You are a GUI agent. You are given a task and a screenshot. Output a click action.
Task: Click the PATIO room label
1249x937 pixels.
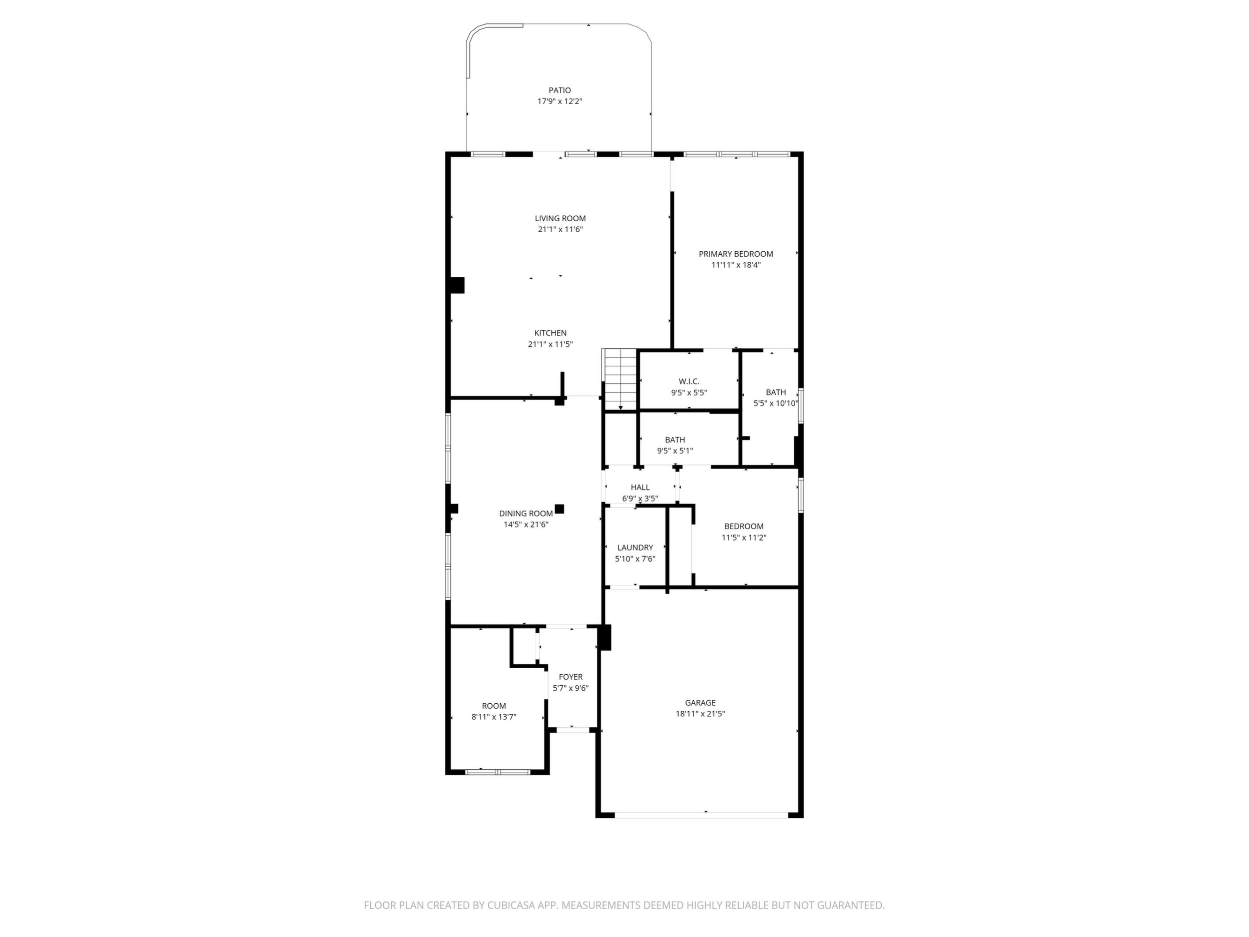point(559,91)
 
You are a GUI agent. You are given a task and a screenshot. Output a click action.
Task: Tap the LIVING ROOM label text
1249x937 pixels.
point(560,219)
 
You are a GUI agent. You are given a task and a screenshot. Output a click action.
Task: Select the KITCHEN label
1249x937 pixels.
point(550,333)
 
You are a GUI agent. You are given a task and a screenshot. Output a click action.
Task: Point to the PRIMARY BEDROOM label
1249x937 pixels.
point(736,254)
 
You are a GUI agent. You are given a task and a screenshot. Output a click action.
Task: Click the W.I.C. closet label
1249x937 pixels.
point(689,382)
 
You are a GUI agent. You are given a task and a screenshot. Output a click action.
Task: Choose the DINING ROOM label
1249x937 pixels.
point(526,514)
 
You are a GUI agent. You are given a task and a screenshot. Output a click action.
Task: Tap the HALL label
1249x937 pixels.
point(640,488)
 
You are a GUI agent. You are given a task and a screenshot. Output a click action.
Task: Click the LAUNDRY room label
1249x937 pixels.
point(635,547)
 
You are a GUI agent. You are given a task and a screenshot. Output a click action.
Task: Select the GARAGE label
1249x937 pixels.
point(700,703)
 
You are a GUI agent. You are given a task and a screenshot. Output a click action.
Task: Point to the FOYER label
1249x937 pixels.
point(570,677)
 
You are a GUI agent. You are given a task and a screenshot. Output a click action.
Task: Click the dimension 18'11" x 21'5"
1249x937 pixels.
point(700,714)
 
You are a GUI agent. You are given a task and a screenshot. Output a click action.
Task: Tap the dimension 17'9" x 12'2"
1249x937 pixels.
point(559,102)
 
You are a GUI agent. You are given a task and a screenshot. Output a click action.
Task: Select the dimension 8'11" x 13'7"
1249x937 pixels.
point(494,717)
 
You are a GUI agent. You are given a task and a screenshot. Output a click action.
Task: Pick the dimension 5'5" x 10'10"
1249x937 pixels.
point(776,404)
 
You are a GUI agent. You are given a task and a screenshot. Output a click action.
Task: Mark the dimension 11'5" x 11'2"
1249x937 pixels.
point(744,538)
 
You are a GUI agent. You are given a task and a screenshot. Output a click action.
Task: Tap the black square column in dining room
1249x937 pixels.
point(559,509)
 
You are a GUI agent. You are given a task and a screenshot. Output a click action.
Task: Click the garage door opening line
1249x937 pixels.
point(701,814)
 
